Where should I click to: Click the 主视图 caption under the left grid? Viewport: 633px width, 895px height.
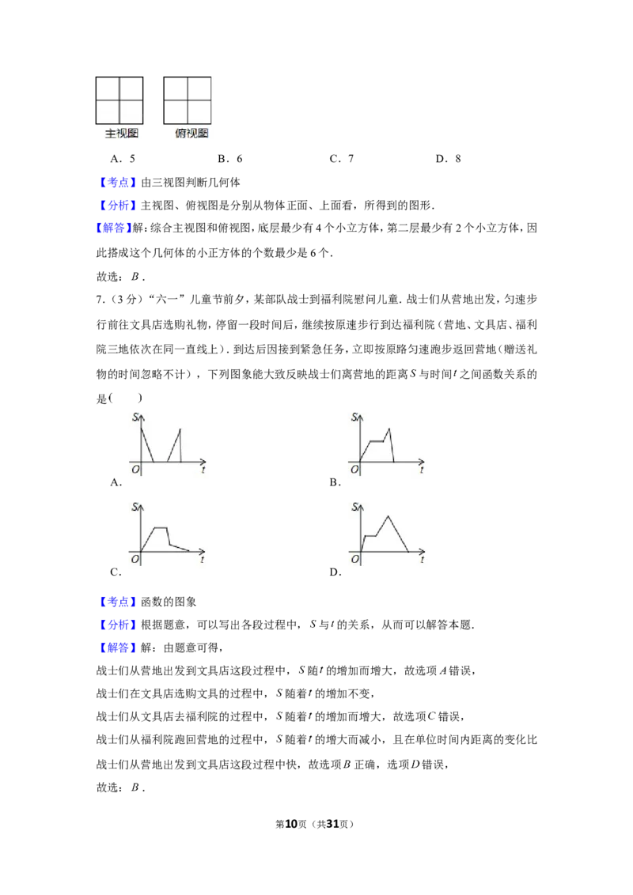pos(122,134)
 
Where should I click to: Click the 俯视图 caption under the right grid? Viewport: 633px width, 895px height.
pos(191,134)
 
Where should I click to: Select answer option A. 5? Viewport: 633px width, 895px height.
pos(123,159)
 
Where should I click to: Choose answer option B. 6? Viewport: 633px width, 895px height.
pos(230,159)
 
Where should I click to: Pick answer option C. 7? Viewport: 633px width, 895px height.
pos(342,159)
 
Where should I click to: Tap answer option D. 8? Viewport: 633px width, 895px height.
pos(448,159)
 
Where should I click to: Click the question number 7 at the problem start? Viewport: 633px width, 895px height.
pos(100,300)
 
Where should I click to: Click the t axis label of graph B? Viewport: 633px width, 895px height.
pos(422,470)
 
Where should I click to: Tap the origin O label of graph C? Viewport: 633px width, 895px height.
pos(135,560)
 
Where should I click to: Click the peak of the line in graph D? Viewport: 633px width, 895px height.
pos(389,516)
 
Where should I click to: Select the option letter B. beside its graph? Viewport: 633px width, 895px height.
pos(335,482)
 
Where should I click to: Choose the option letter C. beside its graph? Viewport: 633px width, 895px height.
pos(116,572)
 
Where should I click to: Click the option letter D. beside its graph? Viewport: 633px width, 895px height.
pos(335,572)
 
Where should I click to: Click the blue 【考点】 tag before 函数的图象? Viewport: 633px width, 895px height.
pos(117,602)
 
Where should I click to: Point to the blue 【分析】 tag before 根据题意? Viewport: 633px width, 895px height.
pos(117,625)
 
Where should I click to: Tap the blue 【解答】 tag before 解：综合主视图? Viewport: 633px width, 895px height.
pos(113,228)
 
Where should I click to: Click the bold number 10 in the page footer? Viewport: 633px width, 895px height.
pos(291,824)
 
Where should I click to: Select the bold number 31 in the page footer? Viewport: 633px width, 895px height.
pos(332,824)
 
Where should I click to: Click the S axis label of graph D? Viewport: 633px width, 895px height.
pos(354,507)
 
